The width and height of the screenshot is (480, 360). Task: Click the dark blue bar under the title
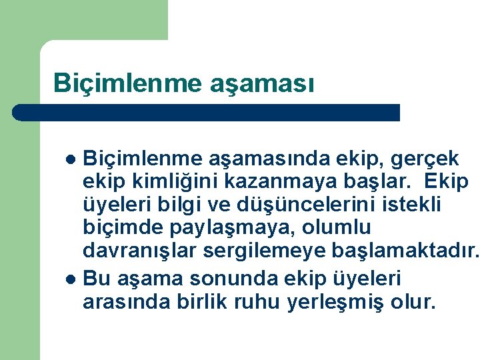pyautogui.click(x=207, y=112)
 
